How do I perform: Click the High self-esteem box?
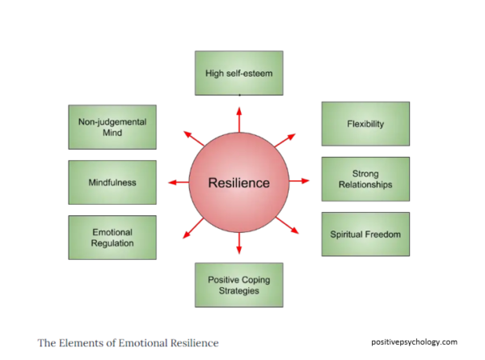pyautogui.click(x=238, y=73)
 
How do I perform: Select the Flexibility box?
pyautogui.click(x=365, y=124)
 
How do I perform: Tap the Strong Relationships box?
pyautogui.click(x=365, y=179)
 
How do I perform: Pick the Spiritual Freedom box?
pyautogui.click(x=365, y=235)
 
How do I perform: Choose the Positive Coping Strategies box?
pyautogui.click(x=238, y=285)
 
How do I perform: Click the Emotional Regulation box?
pyautogui.click(x=112, y=237)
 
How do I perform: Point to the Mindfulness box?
pyautogui.click(x=112, y=182)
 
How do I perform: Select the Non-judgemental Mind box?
pyautogui.click(x=112, y=127)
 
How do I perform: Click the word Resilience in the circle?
pyautogui.click(x=238, y=183)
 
